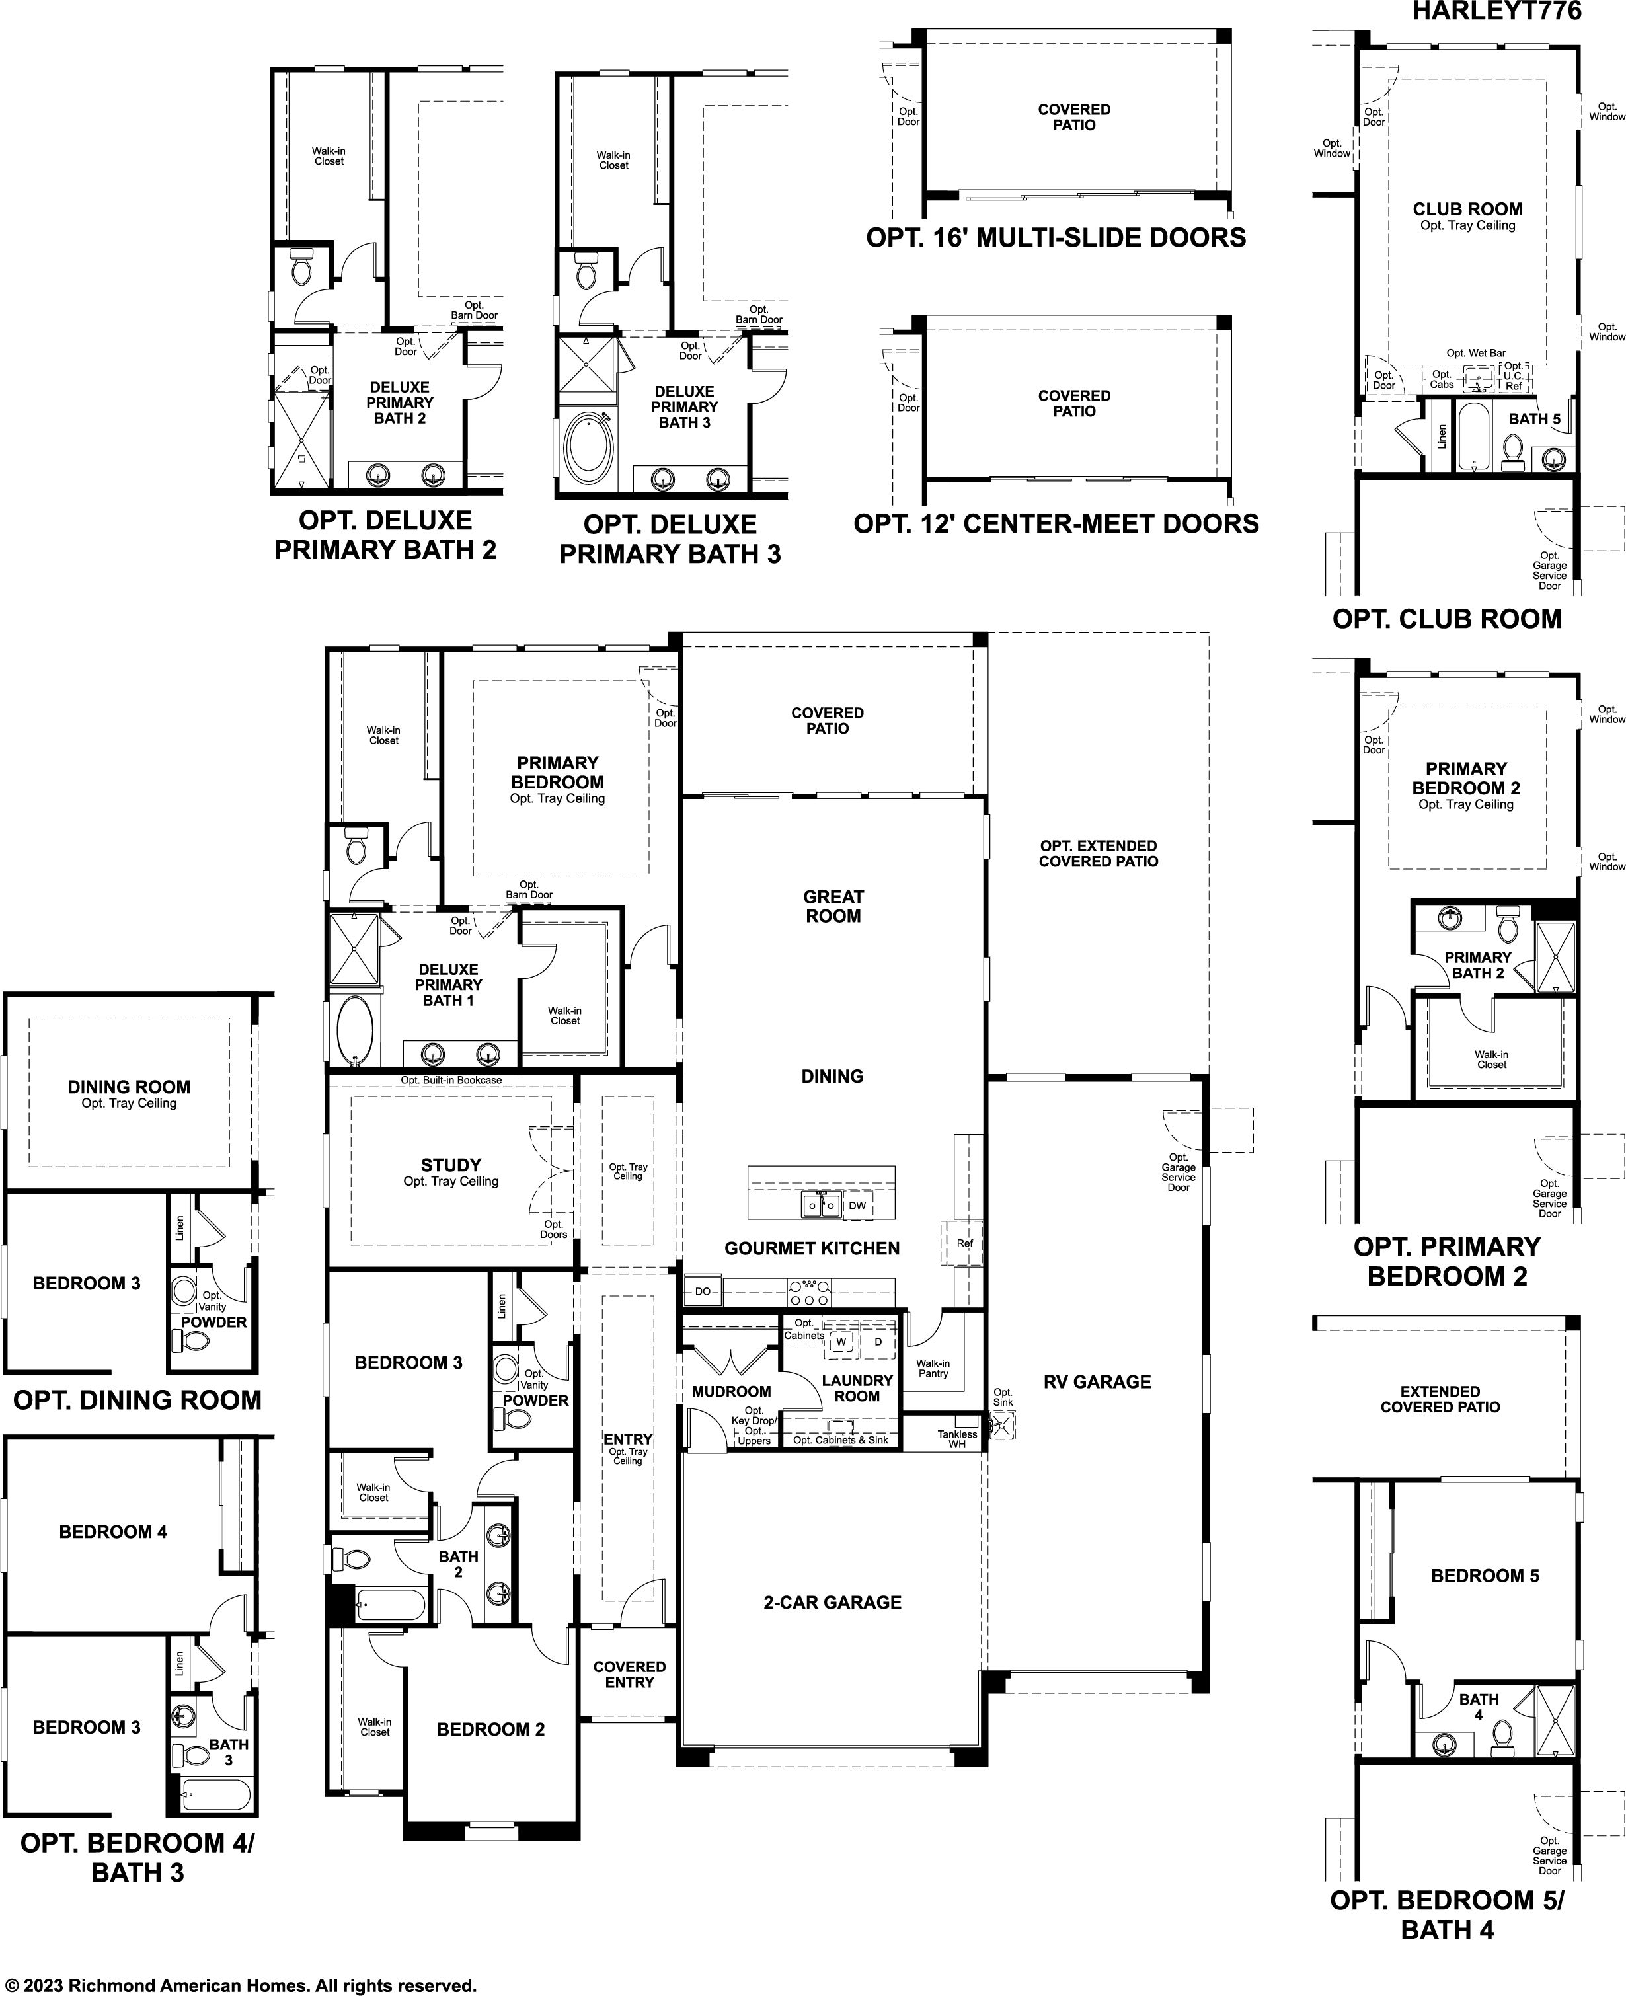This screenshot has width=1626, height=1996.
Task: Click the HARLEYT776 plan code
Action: click(1496, 11)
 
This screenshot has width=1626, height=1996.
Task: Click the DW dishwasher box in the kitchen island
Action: click(857, 1206)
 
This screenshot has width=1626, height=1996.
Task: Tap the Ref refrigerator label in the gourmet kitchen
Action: click(965, 1243)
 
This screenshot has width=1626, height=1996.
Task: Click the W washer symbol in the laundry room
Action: click(840, 1341)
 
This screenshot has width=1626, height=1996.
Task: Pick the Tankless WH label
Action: click(957, 1439)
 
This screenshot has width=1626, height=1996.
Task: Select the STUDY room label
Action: click(451, 1165)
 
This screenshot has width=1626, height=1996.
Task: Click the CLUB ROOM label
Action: click(1468, 209)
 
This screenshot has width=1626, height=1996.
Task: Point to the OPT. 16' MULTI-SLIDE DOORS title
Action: click(1056, 238)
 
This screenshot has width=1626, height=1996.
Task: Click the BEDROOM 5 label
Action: click(1485, 1576)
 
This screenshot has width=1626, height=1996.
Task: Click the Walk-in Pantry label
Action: click(933, 1368)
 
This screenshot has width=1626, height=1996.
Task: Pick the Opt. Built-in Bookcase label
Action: click(451, 1080)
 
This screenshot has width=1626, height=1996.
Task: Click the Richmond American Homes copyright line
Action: click(242, 1985)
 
